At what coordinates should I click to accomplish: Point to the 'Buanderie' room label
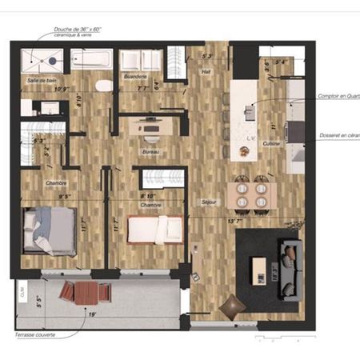pos(135,77)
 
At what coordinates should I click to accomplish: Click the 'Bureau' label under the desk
pos(150,151)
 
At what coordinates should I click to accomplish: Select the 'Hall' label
pos(205,70)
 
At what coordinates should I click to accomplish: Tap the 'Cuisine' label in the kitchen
pos(271,143)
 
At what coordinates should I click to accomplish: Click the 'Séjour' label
pos(210,203)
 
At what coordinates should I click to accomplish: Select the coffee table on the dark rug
pos(259,266)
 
